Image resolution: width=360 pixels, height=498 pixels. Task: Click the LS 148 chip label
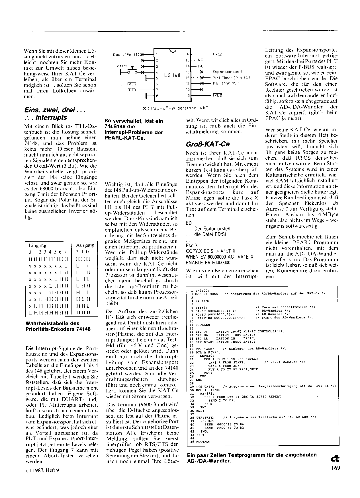tap(172, 75)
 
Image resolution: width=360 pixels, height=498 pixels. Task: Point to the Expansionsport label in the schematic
tap(228, 72)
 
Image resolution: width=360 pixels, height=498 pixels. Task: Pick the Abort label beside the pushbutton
tap(122, 66)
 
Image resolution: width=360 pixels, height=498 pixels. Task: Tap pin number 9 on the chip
tap(188, 96)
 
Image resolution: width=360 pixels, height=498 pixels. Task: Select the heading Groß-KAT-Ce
tap(207, 144)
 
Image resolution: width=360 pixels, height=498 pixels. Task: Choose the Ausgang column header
tap(85, 245)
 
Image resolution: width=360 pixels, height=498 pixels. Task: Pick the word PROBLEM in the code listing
tap(204, 325)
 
